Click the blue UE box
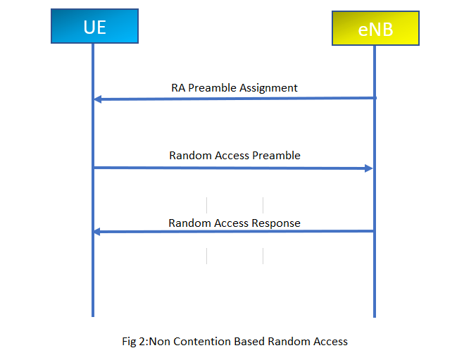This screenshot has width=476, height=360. click(94, 26)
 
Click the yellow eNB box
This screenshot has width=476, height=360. click(375, 28)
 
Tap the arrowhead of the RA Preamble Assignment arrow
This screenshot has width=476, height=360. click(97, 99)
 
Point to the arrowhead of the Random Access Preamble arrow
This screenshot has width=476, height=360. click(368, 168)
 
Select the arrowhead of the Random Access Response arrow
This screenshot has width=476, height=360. click(97, 232)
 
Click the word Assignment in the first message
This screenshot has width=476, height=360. click(268, 88)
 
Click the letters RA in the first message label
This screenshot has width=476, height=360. click(178, 88)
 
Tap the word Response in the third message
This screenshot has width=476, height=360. click(277, 223)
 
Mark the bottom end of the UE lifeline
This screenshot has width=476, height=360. click(92, 316)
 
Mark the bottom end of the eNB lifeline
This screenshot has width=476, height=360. click(374, 316)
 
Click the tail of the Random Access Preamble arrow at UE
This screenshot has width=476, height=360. click(94, 168)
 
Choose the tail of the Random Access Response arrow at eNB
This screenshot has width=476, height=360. click(373, 231)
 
